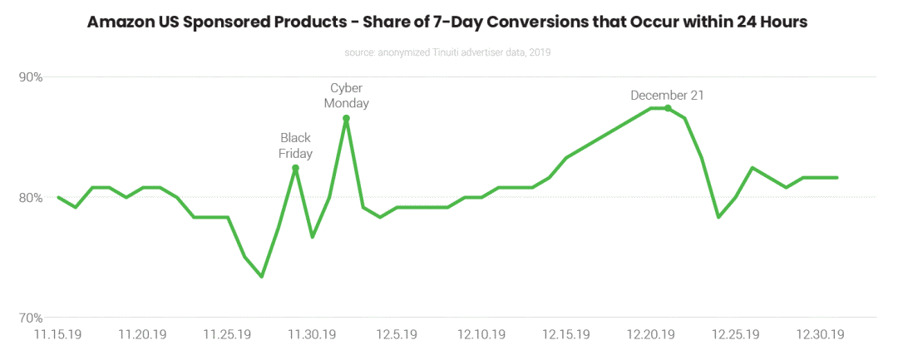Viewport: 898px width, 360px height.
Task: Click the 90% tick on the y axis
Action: click(31, 77)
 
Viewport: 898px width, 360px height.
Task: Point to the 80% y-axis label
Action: click(31, 198)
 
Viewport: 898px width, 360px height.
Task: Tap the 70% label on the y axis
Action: click(31, 318)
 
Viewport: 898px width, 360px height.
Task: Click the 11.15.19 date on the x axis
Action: click(57, 334)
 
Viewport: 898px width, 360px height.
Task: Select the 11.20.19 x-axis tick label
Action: click(143, 334)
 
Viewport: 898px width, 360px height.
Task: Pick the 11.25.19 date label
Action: click(228, 334)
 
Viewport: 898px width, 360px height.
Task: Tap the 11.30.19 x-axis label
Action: click(312, 334)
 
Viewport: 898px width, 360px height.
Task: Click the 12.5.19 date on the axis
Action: click(397, 334)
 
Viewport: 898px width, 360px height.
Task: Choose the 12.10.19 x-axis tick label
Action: click(481, 334)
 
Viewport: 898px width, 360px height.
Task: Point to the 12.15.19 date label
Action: click(566, 334)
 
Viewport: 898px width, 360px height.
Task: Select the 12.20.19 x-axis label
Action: click(651, 334)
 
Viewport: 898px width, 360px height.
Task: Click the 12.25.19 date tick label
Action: click(736, 334)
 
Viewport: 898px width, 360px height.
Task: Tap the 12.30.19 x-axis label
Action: click(821, 334)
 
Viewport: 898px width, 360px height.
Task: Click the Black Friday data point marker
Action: click(295, 168)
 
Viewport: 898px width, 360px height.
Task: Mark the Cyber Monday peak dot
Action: click(346, 118)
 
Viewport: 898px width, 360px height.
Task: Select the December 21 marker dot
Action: click(668, 108)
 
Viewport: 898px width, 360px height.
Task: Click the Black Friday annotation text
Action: click(295, 145)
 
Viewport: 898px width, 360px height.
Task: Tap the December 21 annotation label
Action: click(667, 95)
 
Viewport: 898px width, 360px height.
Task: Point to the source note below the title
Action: click(448, 52)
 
